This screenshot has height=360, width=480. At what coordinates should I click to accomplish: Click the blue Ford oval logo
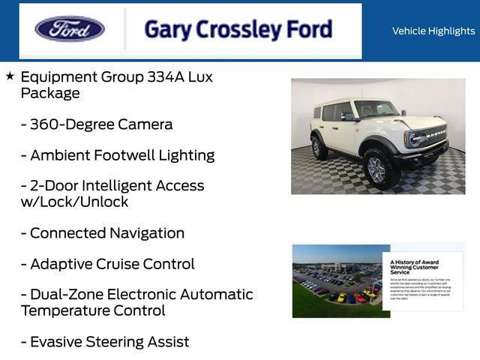(70, 29)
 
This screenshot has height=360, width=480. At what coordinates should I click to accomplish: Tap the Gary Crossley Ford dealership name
(238, 29)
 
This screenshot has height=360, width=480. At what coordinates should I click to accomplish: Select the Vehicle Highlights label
(433, 31)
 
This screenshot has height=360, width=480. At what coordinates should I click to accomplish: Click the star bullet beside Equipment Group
(10, 76)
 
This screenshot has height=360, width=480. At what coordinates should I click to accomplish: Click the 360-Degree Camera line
(97, 124)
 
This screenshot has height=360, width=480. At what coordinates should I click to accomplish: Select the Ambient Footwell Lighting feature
(118, 155)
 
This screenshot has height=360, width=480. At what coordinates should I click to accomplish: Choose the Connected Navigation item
(103, 233)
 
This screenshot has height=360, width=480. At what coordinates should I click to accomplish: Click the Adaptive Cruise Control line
(108, 264)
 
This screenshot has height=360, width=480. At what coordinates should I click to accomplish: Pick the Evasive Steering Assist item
(105, 342)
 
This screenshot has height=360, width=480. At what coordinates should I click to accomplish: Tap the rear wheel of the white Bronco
(319, 147)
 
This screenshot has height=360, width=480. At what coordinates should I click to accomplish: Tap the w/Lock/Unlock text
(74, 202)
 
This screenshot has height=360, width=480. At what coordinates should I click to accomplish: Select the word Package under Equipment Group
(50, 93)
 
